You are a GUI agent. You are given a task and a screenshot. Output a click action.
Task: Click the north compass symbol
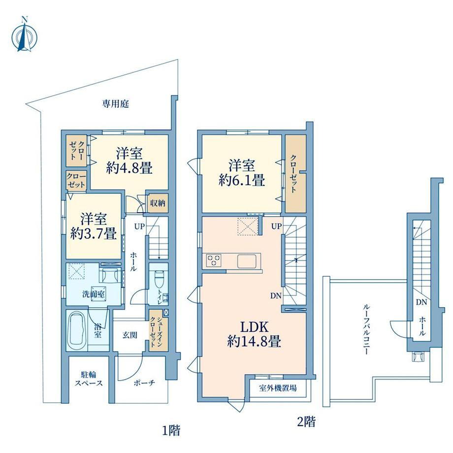25,36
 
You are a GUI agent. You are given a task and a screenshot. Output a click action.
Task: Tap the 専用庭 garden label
115,104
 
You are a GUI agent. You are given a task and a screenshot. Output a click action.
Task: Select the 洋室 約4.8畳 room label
129,161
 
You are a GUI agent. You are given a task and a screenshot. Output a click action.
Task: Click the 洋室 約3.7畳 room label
94,226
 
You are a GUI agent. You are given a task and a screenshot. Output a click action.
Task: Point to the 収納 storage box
158,203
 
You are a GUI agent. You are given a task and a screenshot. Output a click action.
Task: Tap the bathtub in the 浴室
77,329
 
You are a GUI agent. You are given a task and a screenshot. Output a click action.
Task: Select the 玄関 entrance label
129,335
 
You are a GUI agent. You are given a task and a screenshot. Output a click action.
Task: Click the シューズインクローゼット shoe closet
158,330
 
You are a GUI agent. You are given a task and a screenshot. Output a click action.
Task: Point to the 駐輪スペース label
89,379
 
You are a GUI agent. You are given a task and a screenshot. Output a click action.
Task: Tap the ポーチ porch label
144,383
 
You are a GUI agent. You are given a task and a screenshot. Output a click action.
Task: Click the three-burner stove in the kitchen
214,260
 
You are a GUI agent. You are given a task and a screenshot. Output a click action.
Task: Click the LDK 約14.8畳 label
254,334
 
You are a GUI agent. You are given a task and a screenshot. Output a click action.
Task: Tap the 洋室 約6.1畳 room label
242,173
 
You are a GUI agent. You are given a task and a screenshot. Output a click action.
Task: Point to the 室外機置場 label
278,388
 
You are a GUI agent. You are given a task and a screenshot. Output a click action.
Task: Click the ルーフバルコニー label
366,329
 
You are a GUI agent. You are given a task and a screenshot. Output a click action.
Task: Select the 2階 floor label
307,421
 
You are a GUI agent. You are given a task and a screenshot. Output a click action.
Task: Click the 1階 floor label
171,431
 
